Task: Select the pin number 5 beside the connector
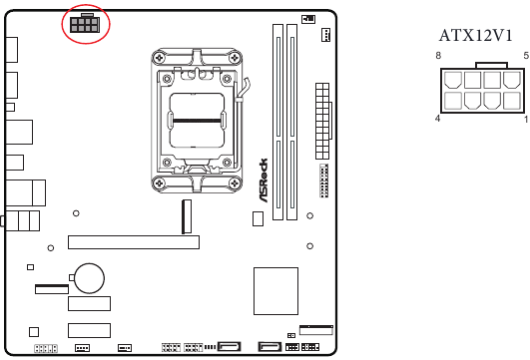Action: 525,56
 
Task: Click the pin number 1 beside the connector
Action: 525,119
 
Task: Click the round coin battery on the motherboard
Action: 93,278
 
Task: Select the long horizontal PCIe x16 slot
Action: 133,241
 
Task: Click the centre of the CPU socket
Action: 198,119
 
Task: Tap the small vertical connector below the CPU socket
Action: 186,215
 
